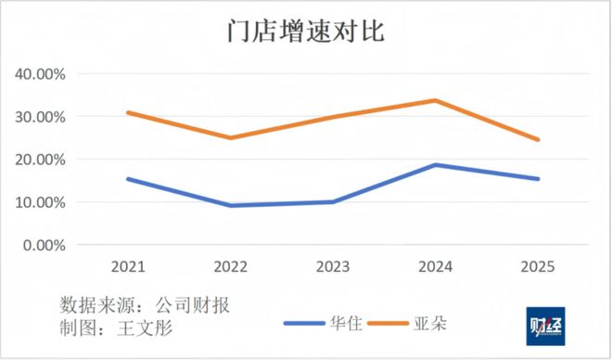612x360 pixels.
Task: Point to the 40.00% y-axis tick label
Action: point(40,74)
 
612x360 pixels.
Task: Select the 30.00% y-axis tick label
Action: point(40,117)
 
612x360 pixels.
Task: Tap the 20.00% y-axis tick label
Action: point(40,160)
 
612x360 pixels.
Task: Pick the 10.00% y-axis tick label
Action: point(40,202)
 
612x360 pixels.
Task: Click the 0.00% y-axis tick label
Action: point(44,245)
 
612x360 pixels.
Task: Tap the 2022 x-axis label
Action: point(230,266)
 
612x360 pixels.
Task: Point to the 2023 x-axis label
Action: point(332,266)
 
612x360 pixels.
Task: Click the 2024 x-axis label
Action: point(435,266)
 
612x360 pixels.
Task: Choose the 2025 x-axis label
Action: point(537,266)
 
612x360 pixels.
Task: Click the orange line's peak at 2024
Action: point(435,100)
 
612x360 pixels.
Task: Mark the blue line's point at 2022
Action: point(230,205)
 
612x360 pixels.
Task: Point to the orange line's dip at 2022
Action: point(230,138)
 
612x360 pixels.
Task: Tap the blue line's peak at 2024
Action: point(435,165)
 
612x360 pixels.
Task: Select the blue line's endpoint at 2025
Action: point(537,179)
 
